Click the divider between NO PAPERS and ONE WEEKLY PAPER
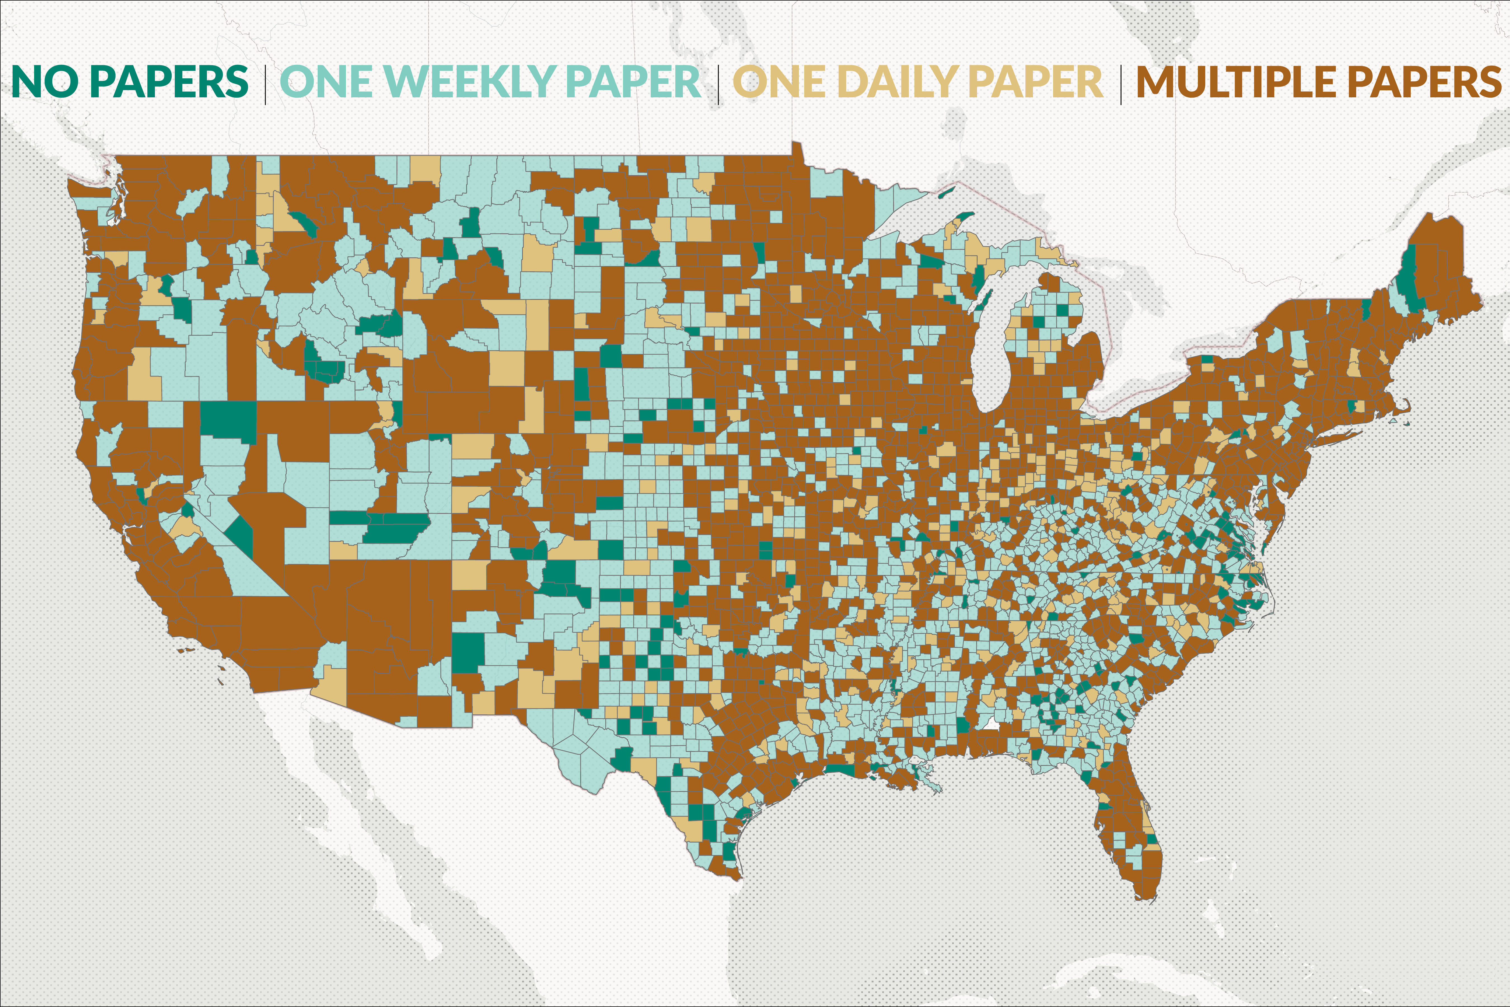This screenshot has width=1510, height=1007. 265,83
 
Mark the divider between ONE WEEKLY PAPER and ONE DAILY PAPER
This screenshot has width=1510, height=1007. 718,83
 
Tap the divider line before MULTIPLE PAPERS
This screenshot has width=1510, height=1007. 1121,83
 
